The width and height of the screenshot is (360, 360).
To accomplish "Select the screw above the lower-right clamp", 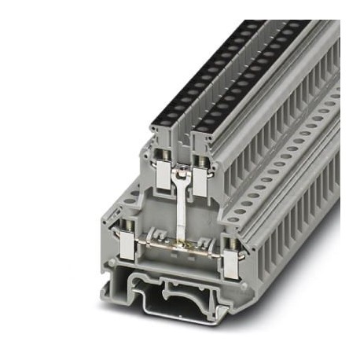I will tap(230, 244).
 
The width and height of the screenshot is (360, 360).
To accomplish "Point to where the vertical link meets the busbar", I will tap(182, 245).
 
